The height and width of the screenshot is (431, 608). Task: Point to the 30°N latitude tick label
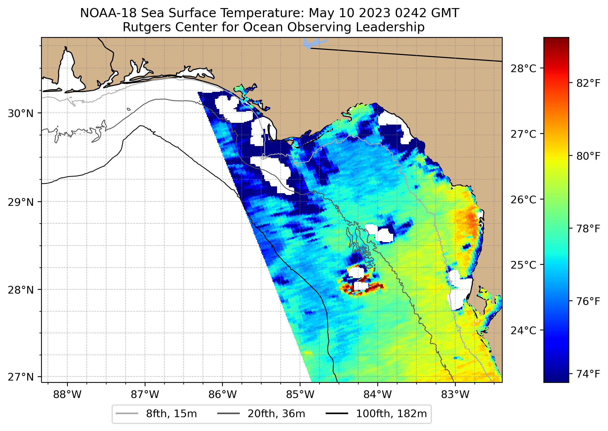click(x=21, y=113)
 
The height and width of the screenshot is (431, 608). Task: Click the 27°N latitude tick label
click(x=21, y=377)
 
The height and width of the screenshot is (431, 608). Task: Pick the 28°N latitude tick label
click(x=21, y=290)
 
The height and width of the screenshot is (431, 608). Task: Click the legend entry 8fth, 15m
click(x=171, y=414)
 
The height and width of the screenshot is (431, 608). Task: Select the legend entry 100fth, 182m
click(x=391, y=414)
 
